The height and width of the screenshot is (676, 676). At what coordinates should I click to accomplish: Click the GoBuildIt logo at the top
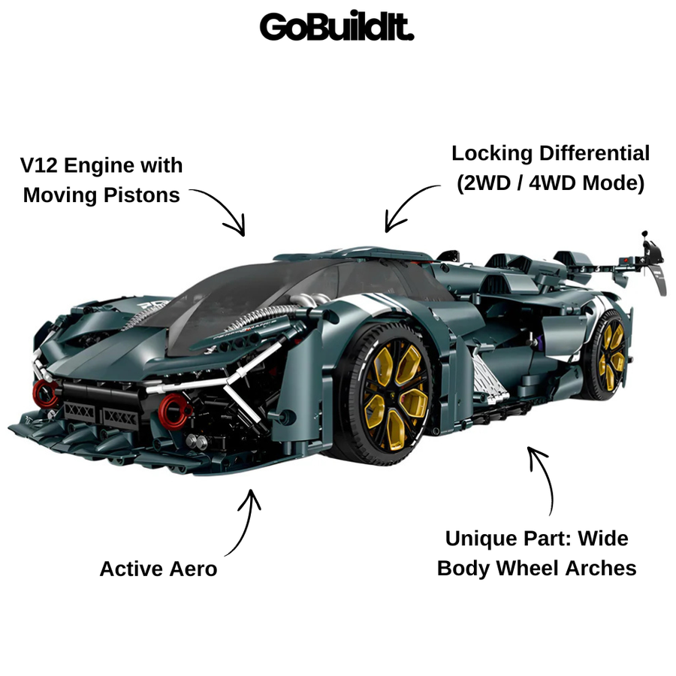point(336,26)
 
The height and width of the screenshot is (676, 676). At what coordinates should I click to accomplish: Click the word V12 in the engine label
point(39,165)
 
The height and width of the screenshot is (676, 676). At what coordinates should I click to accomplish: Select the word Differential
point(595,153)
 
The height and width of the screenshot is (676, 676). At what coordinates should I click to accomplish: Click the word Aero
point(193,569)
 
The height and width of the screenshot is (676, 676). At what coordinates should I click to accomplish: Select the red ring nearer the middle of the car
point(174,411)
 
